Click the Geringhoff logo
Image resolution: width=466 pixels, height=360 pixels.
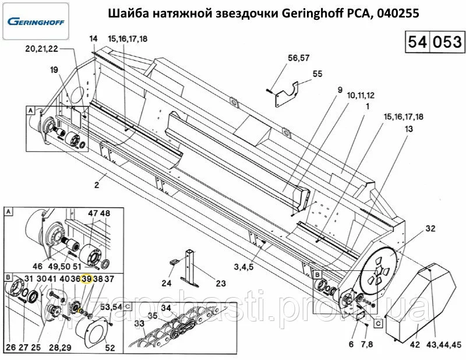(x=36, y=23)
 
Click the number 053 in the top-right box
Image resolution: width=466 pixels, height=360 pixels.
(x=445, y=43)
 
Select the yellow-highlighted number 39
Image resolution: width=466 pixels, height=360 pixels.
(x=87, y=279)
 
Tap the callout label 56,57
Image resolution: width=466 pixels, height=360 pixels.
(x=298, y=58)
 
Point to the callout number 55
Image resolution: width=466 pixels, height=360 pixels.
(x=317, y=74)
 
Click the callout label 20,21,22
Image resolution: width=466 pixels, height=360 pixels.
(x=41, y=50)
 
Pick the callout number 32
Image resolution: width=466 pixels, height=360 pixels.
(x=430, y=228)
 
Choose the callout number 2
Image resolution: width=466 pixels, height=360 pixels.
(x=98, y=185)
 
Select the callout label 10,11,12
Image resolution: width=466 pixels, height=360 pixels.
(x=361, y=95)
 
